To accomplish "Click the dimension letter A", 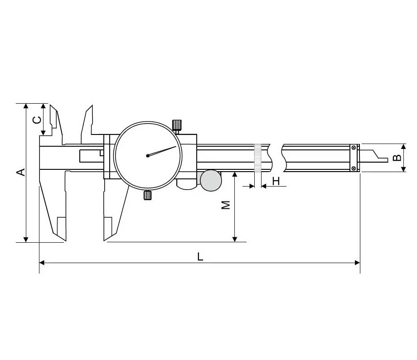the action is pyautogui.click(x=21, y=172).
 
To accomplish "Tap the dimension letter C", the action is pyautogui.click(x=37, y=120).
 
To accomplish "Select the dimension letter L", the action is pyautogui.click(x=200, y=256).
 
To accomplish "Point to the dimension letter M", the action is pyautogui.click(x=226, y=205).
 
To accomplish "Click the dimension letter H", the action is pyautogui.click(x=276, y=181).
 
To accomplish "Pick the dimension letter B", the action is pyautogui.click(x=397, y=158).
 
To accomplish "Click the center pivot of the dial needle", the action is pyautogui.click(x=148, y=156).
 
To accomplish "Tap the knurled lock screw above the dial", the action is pyautogui.click(x=177, y=125).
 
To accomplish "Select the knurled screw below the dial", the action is pyautogui.click(x=148, y=195).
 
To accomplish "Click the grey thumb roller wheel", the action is pyautogui.click(x=211, y=181).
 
